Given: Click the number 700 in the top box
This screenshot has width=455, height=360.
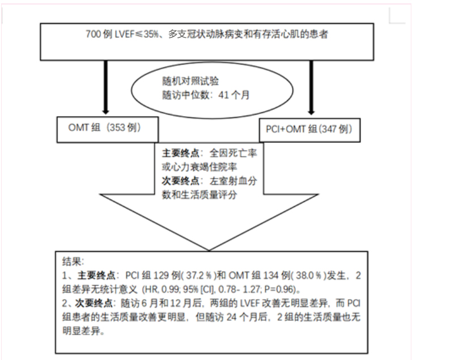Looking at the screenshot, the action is click(93, 34).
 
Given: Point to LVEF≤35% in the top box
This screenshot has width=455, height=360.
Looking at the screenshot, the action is click(137, 34).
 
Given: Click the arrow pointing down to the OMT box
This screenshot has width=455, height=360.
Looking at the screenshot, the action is click(106, 87).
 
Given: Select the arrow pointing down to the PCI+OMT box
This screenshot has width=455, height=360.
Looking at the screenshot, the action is click(312, 88).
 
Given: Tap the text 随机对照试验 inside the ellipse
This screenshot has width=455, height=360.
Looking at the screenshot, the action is click(190, 81).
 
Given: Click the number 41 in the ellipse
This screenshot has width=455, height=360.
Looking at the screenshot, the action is click(223, 95).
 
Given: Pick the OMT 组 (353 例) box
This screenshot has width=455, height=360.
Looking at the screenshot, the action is click(108, 129).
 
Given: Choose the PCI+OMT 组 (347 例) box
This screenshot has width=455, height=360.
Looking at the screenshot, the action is click(310, 130).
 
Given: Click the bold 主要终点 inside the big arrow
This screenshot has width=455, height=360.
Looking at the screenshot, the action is click(181, 153).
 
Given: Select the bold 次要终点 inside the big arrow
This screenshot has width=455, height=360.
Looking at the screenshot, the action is click(181, 181).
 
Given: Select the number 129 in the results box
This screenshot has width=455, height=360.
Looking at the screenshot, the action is click(161, 275).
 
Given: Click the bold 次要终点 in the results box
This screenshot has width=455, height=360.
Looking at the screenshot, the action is click(94, 303).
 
